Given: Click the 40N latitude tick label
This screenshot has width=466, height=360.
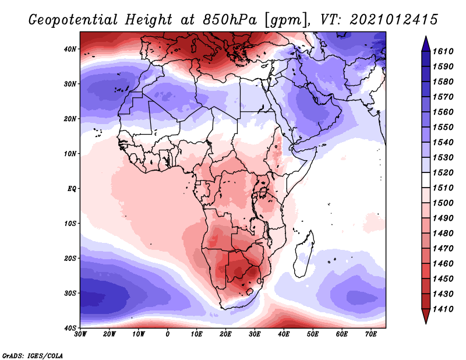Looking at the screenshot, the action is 70,49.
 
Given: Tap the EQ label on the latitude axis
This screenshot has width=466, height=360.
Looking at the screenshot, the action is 72,189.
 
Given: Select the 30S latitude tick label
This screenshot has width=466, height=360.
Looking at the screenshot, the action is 70,294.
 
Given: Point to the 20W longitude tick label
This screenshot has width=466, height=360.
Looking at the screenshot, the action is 109,334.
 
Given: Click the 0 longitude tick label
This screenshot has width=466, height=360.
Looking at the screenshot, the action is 168,334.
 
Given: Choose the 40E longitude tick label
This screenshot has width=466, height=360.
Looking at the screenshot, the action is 284,334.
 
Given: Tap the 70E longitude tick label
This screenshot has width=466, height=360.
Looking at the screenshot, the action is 371,334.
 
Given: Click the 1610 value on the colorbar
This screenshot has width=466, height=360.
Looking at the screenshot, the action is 443,51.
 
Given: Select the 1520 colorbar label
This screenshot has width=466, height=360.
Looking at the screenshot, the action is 443,172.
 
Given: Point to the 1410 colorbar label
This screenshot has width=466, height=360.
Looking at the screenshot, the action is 443,309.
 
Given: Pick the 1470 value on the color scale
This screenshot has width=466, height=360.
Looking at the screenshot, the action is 443,249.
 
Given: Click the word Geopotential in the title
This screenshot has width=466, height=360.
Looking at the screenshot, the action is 73,20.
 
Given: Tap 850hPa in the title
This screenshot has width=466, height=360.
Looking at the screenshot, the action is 230,20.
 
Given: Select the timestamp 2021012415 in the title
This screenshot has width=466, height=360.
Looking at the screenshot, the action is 394,20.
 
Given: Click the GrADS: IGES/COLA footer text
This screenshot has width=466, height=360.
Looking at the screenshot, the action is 33,356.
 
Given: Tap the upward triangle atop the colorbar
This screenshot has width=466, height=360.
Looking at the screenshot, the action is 426,44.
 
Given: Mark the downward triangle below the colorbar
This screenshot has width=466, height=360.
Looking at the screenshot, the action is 426,316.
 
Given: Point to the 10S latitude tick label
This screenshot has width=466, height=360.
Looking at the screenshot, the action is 70,224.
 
